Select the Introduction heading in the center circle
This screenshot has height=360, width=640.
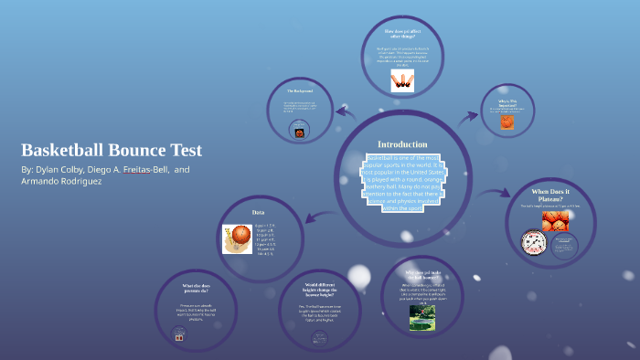402,144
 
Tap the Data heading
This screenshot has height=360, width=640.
258,213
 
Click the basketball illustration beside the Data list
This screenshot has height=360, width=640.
238,238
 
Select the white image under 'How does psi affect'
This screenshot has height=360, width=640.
402,80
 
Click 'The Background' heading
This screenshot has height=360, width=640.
300,91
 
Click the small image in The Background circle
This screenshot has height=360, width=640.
299,131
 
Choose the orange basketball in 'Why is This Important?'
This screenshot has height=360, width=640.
507,122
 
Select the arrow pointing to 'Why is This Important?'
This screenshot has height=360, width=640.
470,116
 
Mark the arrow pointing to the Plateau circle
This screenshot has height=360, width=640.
496,195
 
